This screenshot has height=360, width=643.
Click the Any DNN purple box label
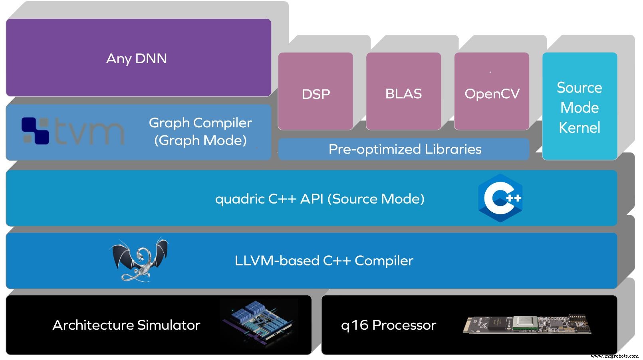137,59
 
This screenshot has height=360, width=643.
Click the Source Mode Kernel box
579,107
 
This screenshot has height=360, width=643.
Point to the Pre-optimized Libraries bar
404,149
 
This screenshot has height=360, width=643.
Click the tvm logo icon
35,131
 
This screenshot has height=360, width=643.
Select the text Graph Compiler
200,123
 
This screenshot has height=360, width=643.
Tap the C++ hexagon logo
500,198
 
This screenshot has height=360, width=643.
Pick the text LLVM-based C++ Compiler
323,261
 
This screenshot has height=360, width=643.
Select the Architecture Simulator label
126,325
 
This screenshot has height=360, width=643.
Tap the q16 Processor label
388,325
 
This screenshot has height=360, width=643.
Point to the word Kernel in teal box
579,128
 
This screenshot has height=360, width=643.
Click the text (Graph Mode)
200,140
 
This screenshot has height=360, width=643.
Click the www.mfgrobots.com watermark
614,356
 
